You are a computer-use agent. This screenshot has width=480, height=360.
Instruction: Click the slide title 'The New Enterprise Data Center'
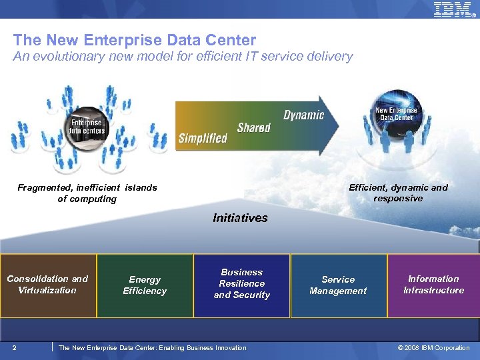click(x=134, y=41)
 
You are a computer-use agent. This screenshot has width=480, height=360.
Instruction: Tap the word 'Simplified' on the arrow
click(x=203, y=139)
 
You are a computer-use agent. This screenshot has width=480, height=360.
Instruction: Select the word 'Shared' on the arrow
click(x=253, y=127)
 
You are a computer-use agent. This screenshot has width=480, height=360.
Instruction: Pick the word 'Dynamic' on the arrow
click(x=303, y=115)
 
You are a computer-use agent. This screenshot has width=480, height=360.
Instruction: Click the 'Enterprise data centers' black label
click(x=86, y=127)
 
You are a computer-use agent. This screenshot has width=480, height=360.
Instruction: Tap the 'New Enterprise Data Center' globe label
click(x=396, y=114)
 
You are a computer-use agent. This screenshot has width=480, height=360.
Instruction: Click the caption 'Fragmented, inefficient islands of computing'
click(x=87, y=193)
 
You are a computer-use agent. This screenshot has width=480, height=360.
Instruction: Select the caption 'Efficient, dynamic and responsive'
click(x=398, y=193)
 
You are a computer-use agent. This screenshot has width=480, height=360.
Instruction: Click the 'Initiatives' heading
click(x=240, y=217)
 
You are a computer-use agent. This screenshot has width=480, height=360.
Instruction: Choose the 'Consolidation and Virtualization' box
click(x=48, y=285)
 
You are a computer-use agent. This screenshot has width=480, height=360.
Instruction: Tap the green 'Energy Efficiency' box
click(x=145, y=285)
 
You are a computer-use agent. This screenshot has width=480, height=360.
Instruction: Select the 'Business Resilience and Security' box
click(x=241, y=285)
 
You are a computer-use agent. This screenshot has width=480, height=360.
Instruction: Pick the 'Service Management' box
click(x=338, y=285)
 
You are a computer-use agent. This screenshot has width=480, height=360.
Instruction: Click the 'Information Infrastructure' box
click(x=433, y=285)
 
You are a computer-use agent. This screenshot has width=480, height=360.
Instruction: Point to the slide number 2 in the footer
click(x=15, y=347)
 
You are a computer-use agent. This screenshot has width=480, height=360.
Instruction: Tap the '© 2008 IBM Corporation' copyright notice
click(x=433, y=348)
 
